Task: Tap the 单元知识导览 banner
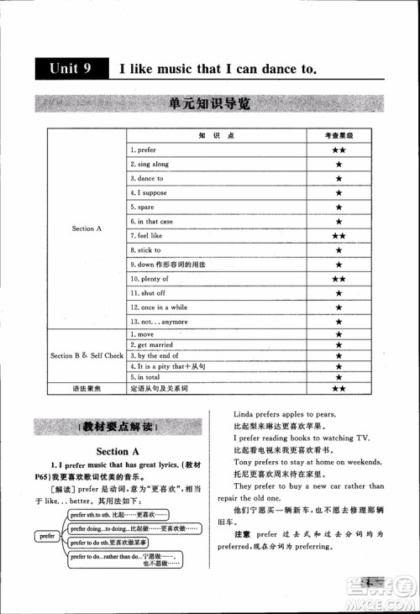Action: point(209,105)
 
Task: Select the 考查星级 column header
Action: point(339,135)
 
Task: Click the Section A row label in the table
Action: point(87,228)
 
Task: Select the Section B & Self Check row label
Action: point(87,355)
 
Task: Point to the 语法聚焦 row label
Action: point(87,388)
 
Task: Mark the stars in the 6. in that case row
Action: point(339,221)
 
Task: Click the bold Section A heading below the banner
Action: point(118,452)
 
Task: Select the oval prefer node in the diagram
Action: point(47,534)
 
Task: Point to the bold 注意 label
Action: point(242,533)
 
